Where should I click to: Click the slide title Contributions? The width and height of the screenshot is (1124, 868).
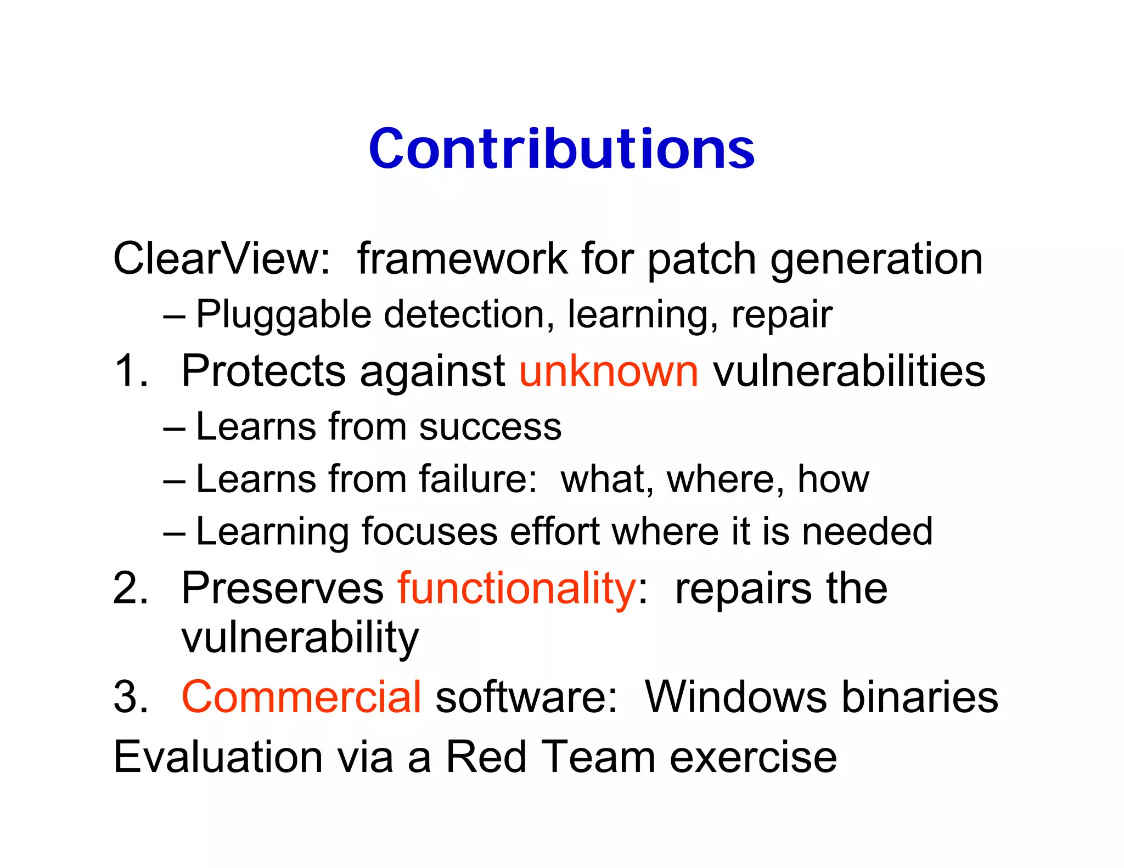click(x=561, y=149)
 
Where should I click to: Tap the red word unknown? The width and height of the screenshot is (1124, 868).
click(x=609, y=371)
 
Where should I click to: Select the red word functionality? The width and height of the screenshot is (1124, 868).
click(x=516, y=589)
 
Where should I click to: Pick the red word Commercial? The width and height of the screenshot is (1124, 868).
click(x=301, y=697)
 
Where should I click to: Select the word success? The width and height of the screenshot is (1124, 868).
click(x=490, y=427)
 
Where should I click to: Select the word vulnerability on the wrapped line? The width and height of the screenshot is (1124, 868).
click(x=300, y=638)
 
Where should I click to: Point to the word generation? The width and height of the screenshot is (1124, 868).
click(x=876, y=259)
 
